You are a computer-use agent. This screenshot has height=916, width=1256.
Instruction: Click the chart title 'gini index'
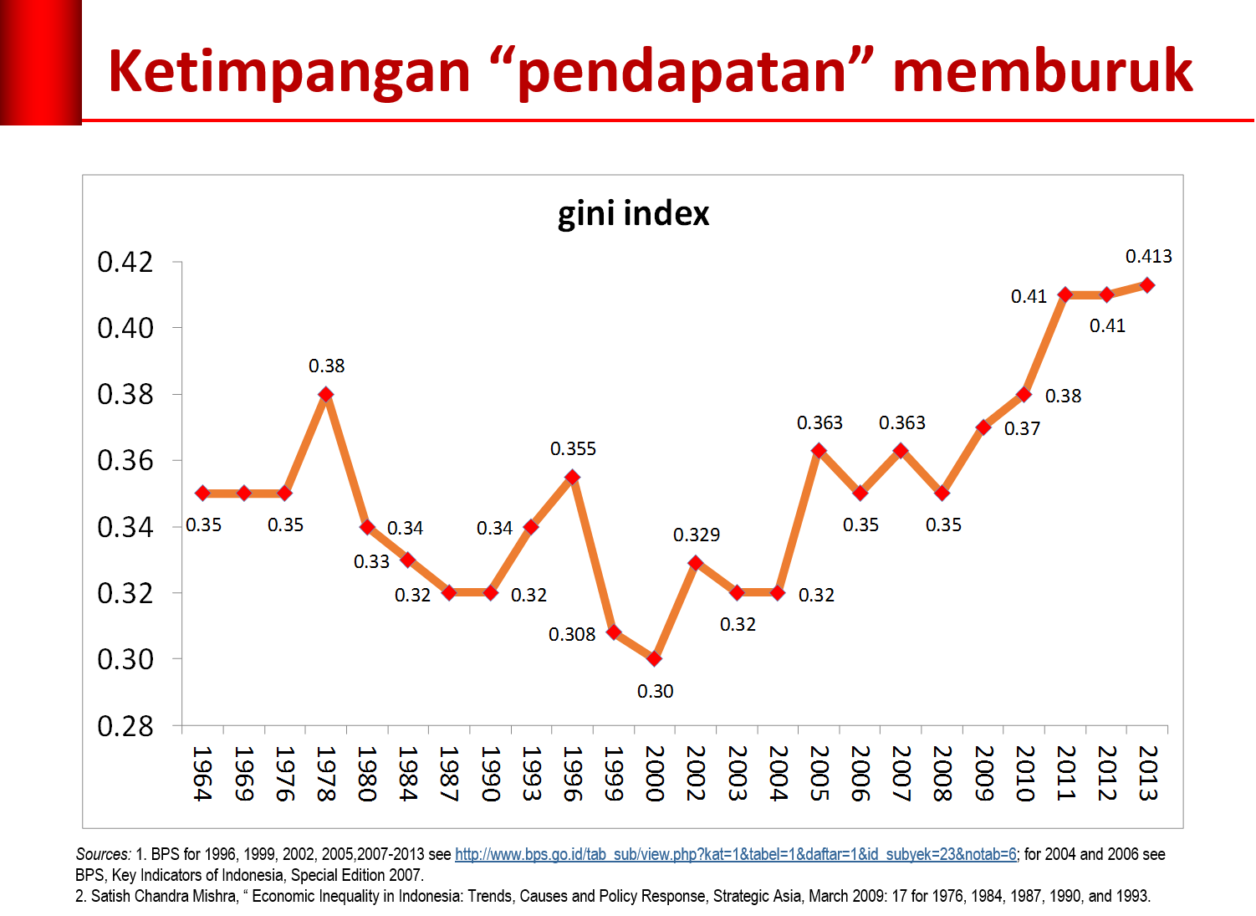tap(633, 214)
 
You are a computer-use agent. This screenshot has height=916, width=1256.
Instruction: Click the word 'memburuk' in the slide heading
tap(1042, 71)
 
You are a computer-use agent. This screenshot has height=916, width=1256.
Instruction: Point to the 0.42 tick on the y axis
tap(125, 262)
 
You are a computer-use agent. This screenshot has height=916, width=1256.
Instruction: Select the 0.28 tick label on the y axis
tap(125, 726)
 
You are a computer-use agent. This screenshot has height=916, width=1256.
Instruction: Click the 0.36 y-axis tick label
tap(125, 460)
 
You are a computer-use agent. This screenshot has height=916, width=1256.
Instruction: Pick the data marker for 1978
tap(326, 394)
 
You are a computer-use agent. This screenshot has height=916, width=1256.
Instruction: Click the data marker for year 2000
tap(655, 659)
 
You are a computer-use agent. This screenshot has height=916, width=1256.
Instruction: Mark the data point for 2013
tap(1147, 285)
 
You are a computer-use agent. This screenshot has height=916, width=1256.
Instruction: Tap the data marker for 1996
tap(572, 478)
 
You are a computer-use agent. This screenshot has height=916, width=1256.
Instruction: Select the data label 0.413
tap(1148, 257)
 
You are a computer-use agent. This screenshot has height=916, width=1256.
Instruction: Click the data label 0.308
tap(572, 635)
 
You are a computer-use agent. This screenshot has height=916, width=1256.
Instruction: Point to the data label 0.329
tap(697, 535)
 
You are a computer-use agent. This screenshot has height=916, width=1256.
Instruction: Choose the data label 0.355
tap(573, 449)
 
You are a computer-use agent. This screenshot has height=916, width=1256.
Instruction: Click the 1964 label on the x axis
tap(202, 774)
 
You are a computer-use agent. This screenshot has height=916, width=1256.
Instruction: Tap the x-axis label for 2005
tap(819, 774)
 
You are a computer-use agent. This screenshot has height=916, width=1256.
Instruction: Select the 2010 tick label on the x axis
tap(1025, 774)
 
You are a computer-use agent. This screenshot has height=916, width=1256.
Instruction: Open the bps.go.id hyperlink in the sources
tap(735, 854)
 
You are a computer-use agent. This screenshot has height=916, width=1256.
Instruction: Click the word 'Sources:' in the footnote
tap(103, 854)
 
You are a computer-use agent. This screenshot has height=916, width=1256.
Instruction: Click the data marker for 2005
tap(819, 451)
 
